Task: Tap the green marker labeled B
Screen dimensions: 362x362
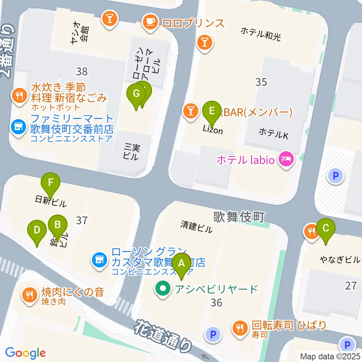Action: point(58,225)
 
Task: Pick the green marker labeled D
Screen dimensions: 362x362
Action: point(37,230)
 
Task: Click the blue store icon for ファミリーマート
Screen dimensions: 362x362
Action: point(18,126)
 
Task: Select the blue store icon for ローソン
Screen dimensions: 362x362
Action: point(99,260)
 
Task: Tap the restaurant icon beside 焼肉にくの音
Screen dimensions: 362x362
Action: point(29,294)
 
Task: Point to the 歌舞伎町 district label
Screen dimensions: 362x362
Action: point(239,217)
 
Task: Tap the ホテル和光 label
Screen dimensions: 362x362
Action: point(261,33)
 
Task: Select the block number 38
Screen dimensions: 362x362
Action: point(81,71)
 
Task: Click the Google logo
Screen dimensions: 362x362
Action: point(26,353)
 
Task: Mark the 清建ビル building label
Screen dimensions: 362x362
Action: point(196,226)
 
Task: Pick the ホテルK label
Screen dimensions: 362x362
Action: point(273,133)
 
